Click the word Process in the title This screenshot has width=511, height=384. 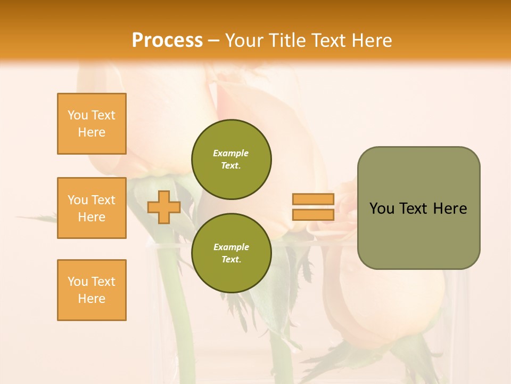(167, 41)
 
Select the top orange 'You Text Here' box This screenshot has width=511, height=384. (92, 124)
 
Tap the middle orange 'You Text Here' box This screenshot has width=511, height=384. (92, 208)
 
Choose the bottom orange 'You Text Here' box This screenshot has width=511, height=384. (92, 290)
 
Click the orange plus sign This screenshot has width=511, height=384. (164, 207)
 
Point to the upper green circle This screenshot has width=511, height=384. (232, 159)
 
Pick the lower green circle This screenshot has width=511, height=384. (232, 253)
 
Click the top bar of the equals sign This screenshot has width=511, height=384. (313, 199)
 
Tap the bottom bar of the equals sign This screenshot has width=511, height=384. (313, 214)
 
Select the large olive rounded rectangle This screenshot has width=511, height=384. (418, 208)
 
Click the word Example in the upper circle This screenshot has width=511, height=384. (231, 153)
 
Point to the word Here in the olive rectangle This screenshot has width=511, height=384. (450, 209)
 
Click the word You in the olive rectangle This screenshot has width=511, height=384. (381, 209)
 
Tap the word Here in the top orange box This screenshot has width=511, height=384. (92, 132)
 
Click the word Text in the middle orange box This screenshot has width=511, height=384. (103, 200)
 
